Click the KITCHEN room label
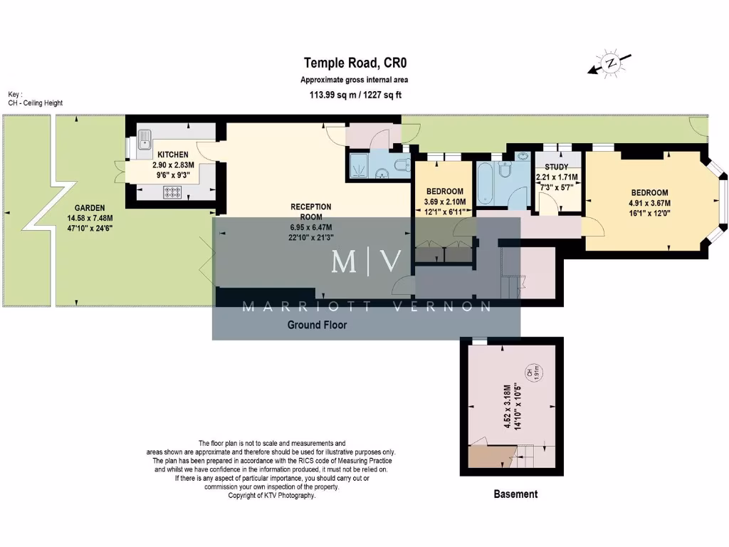(173, 155)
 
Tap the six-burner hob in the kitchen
(174, 191)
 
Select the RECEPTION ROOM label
(311, 212)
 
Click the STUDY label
(556, 167)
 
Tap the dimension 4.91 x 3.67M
(649, 202)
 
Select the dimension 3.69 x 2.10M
(445, 202)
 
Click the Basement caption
(515, 494)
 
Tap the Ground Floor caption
(317, 325)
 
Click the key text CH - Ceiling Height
(36, 103)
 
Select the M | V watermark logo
(367, 263)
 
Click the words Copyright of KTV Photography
(271, 496)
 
